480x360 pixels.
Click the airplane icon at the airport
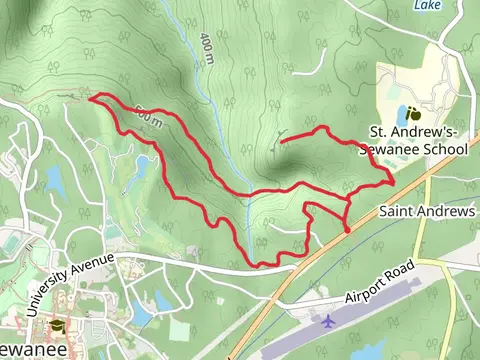329,322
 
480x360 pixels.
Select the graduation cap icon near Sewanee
57,328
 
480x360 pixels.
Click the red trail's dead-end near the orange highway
347,232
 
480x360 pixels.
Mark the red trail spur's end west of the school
281,141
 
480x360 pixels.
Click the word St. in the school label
380,132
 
